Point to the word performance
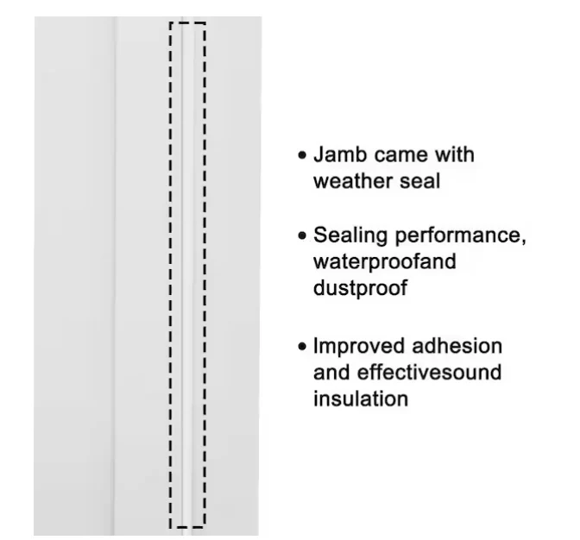coord(458,236)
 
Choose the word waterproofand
coord(385,262)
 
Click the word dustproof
coord(360,288)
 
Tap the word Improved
coord(359,347)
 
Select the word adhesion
coord(457,346)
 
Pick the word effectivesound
coord(429,372)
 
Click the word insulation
coord(361,399)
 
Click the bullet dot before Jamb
coord(302,155)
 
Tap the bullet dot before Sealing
coord(302,235)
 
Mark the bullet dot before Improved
coord(302,346)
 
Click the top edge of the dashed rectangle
coord(187,23)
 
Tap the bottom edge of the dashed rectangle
coord(187,527)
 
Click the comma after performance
coord(523,242)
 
